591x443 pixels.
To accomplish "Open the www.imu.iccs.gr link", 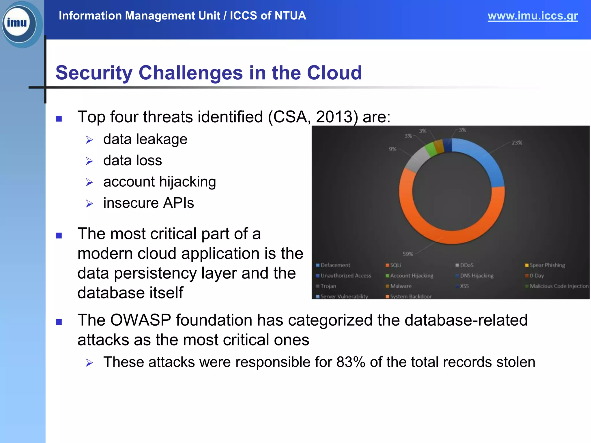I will click(532, 16).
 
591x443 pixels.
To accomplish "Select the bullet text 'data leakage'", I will click(145, 139).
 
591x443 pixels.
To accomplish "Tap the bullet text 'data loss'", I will click(132, 161).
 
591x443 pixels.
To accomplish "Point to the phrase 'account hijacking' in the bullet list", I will click(160, 182).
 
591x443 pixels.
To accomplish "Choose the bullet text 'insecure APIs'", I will click(149, 203).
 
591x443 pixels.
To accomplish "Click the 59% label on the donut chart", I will click(408, 254).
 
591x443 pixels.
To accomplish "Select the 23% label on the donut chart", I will click(517, 143).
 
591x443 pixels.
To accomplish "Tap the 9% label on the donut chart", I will click(392, 149).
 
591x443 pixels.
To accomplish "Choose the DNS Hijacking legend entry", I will click(476, 276).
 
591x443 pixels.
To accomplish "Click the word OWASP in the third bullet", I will click(141, 320).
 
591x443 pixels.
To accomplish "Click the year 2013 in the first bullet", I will click(334, 117).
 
